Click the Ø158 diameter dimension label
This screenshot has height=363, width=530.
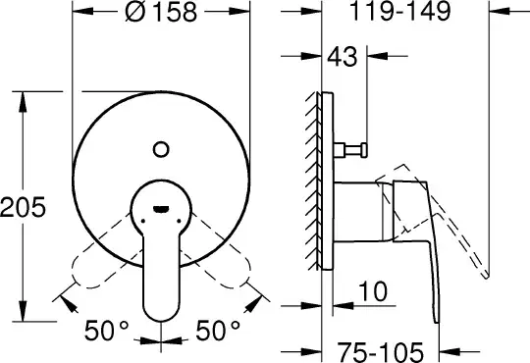pyautogui.click(x=161, y=12)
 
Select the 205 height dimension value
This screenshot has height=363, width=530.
pyautogui.click(x=23, y=207)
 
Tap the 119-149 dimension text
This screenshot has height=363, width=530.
pyautogui.click(x=399, y=11)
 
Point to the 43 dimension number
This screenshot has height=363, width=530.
pyautogui.click(x=343, y=56)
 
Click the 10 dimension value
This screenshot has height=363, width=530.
pyautogui.click(x=373, y=291)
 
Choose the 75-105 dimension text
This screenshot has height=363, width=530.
pyautogui.click(x=380, y=352)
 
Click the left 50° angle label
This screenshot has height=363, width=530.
pyautogui.click(x=106, y=331)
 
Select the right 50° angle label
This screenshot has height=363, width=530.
pyautogui.click(x=218, y=331)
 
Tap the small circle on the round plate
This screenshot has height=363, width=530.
pyautogui.click(x=161, y=149)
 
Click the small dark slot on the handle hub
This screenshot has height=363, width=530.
pyautogui.click(x=161, y=210)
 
